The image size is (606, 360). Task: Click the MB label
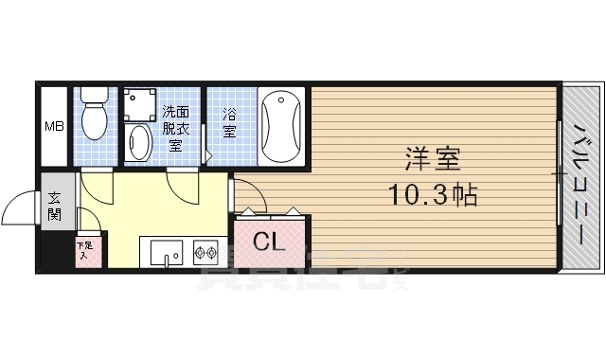click(x=53, y=125)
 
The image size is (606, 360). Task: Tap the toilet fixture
click(x=95, y=116)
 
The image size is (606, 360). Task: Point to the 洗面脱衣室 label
click(x=175, y=126)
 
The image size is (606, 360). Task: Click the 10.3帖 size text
click(x=432, y=196)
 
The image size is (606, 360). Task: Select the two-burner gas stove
click(x=207, y=252)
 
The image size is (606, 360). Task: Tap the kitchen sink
click(x=165, y=253)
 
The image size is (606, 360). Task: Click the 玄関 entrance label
click(x=54, y=205)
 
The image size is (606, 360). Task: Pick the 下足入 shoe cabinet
click(x=85, y=250)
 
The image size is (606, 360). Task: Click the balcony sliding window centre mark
click(x=560, y=174)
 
